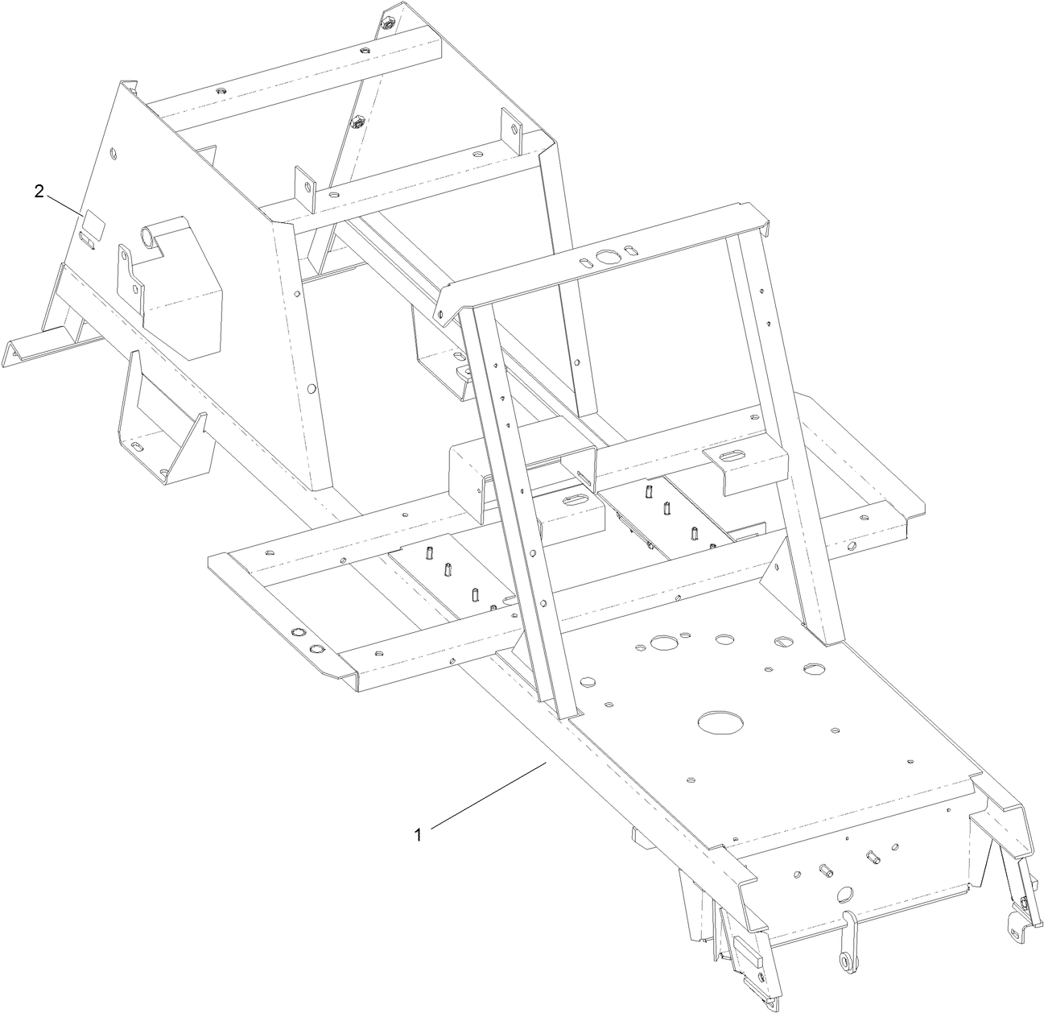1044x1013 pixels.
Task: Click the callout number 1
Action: tap(418, 835)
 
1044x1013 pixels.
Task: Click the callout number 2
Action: tap(39, 191)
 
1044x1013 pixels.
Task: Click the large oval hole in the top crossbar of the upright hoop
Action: tap(605, 258)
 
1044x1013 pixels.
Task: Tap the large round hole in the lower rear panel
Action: tap(844, 893)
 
